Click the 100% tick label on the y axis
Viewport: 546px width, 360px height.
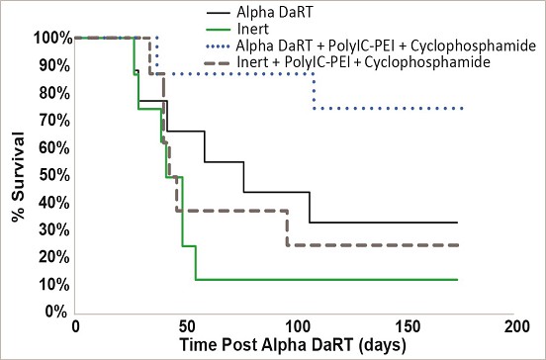(53, 38)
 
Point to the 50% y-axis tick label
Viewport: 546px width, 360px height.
(54, 175)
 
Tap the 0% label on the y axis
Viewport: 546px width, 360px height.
(56, 312)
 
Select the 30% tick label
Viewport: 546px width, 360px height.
(54, 229)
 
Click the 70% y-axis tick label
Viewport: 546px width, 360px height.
(54, 121)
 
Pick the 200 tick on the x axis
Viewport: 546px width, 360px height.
(513, 327)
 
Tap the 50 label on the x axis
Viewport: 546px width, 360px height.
(186, 327)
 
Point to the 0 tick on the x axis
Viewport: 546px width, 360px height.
(75, 327)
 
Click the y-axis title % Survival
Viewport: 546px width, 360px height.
(18, 177)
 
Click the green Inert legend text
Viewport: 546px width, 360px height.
(253, 29)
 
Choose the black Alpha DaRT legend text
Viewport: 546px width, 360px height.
(275, 12)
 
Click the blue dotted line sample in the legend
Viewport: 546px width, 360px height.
(218, 45)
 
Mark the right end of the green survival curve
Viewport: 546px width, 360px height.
(457, 280)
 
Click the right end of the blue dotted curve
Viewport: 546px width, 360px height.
(462, 109)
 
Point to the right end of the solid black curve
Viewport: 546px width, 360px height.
(457, 223)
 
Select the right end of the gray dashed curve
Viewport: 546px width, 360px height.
(457, 245)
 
